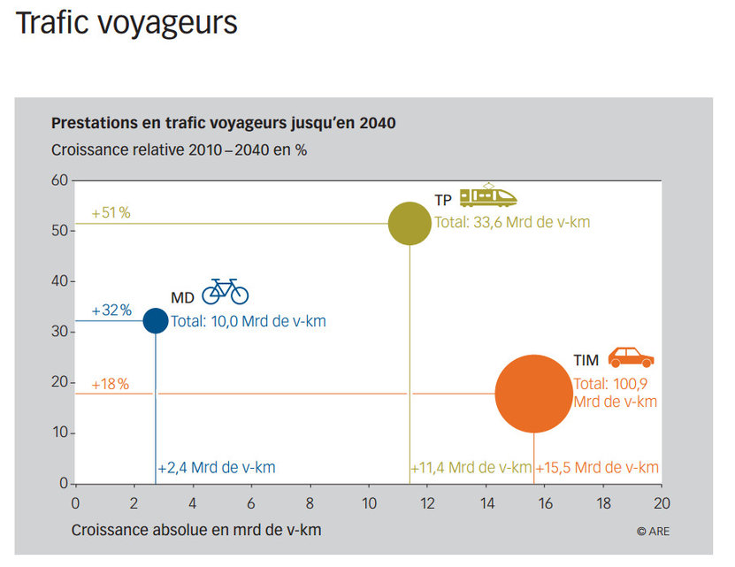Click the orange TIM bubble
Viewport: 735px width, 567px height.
click(x=533, y=394)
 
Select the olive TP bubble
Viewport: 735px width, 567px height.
click(x=410, y=223)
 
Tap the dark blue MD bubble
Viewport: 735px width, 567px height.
click(x=156, y=320)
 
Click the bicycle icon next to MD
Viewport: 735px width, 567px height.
click(x=225, y=291)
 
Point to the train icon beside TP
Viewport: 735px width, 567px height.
click(x=487, y=196)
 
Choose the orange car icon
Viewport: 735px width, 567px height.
click(x=630, y=357)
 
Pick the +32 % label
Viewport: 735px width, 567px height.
click(x=111, y=310)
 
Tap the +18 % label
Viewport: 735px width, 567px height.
click(x=111, y=384)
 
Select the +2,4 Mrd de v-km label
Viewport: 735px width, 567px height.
click(x=216, y=468)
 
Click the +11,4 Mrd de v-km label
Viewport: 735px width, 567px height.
click(x=471, y=468)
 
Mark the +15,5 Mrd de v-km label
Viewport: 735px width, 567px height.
click(x=597, y=468)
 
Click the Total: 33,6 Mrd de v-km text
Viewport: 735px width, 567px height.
click(x=512, y=223)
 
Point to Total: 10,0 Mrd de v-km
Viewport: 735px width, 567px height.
click(x=248, y=322)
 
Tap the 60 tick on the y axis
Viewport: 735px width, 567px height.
click(x=59, y=180)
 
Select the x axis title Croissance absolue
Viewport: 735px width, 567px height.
click(x=195, y=530)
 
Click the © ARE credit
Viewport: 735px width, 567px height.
click(x=653, y=531)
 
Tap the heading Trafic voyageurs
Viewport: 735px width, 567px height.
click(x=126, y=23)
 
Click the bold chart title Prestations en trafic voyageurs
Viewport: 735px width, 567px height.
click(x=223, y=123)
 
